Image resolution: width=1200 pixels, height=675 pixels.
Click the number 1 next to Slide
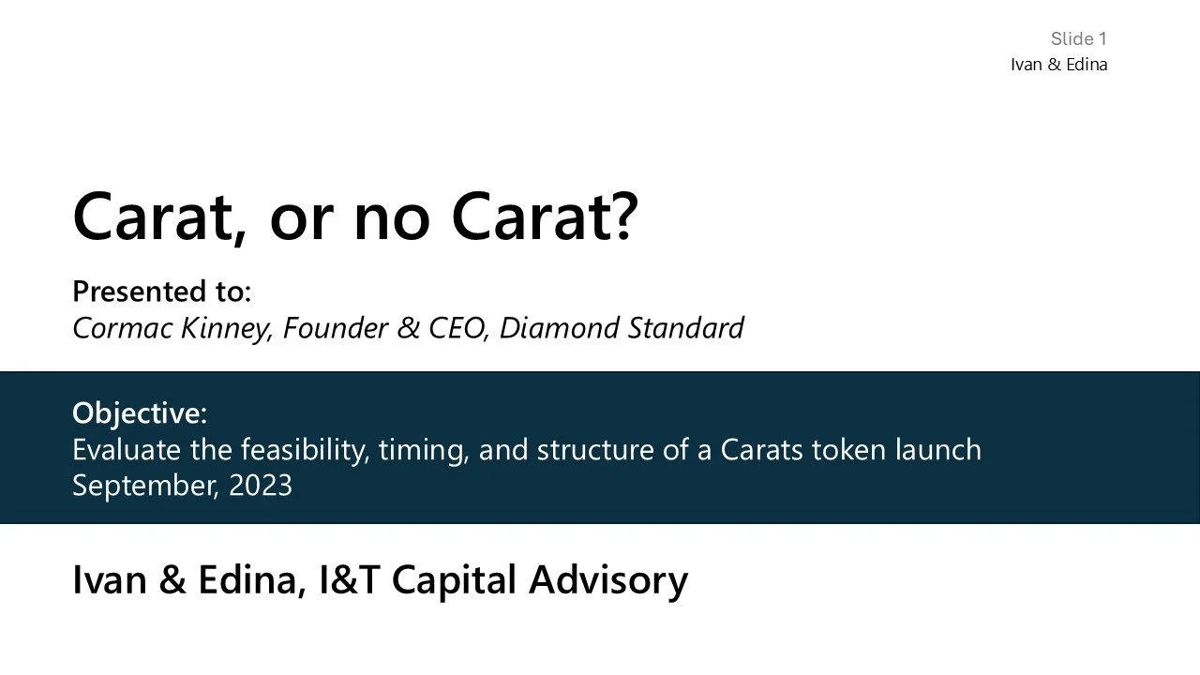1103,38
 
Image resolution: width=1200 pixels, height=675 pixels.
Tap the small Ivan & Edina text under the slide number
1058,65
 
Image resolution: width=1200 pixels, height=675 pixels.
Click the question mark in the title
621,216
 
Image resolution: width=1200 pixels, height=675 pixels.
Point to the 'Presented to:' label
161,292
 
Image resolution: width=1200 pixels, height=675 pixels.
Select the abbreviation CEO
457,328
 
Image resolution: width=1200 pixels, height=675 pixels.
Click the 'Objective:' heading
139,412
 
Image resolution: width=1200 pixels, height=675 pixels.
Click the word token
848,450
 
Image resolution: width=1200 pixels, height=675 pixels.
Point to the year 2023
261,486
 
